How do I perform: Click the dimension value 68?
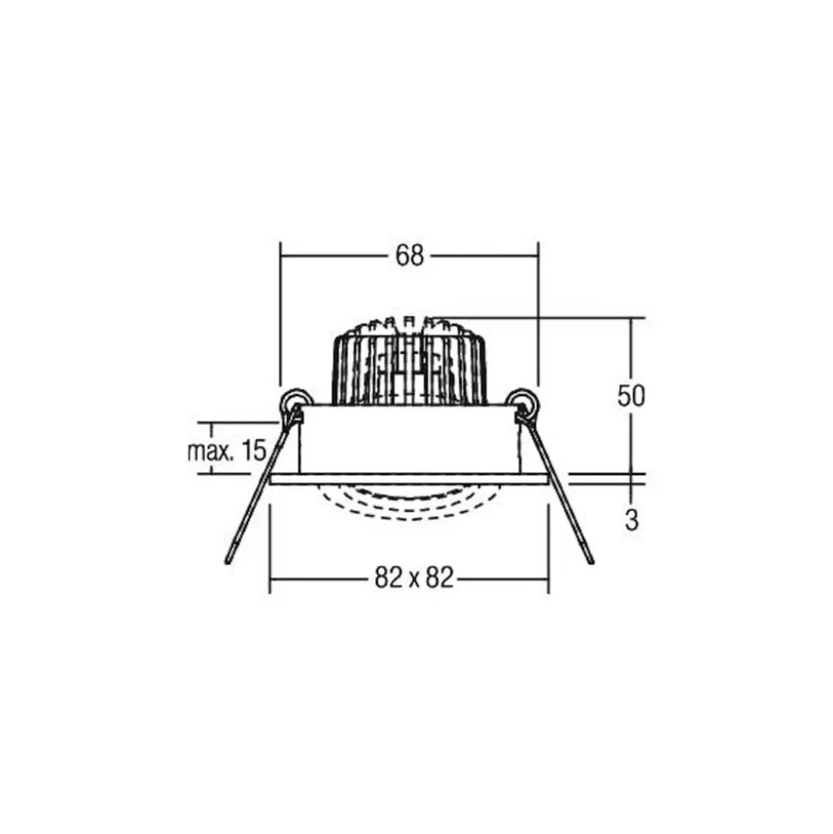[x=410, y=256]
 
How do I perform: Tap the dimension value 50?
[x=631, y=395]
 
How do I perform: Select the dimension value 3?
[x=631, y=520]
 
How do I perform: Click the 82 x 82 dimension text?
[x=414, y=577]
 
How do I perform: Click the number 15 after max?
[x=253, y=451]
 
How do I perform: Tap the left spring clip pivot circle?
[x=295, y=400]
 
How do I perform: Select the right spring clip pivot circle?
[x=522, y=400]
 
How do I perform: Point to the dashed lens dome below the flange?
[x=409, y=503]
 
